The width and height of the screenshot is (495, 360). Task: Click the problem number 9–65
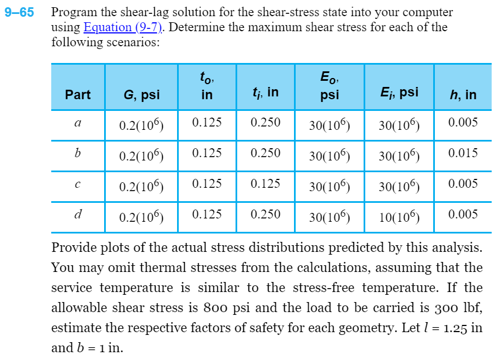(x=19, y=12)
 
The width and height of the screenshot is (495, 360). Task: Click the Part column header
(x=77, y=95)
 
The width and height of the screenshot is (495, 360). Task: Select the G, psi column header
(x=141, y=95)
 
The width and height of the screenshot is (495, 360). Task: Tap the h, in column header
(x=463, y=95)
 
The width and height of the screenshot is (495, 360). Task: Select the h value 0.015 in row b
(x=463, y=153)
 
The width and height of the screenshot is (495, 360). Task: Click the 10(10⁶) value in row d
(x=399, y=217)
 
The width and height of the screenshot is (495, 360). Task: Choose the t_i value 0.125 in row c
(x=266, y=184)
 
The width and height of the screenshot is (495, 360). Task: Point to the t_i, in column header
(x=265, y=93)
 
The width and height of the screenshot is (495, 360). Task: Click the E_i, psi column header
(x=399, y=93)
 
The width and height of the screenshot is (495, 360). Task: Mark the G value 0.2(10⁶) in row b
(x=141, y=156)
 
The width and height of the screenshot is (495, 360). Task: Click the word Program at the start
(x=73, y=12)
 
